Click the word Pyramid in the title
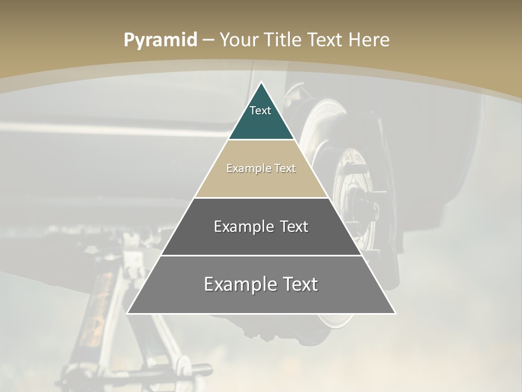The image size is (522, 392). [x=160, y=40]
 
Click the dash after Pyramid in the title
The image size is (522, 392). [x=208, y=40]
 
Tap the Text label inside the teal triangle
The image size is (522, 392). [x=260, y=111]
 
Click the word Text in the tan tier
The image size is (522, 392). [x=285, y=168]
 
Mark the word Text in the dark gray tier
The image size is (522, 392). [x=294, y=226]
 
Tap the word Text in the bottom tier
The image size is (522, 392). [x=300, y=284]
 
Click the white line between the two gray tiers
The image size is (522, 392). [x=262, y=255]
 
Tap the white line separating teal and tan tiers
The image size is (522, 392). [x=262, y=140]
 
